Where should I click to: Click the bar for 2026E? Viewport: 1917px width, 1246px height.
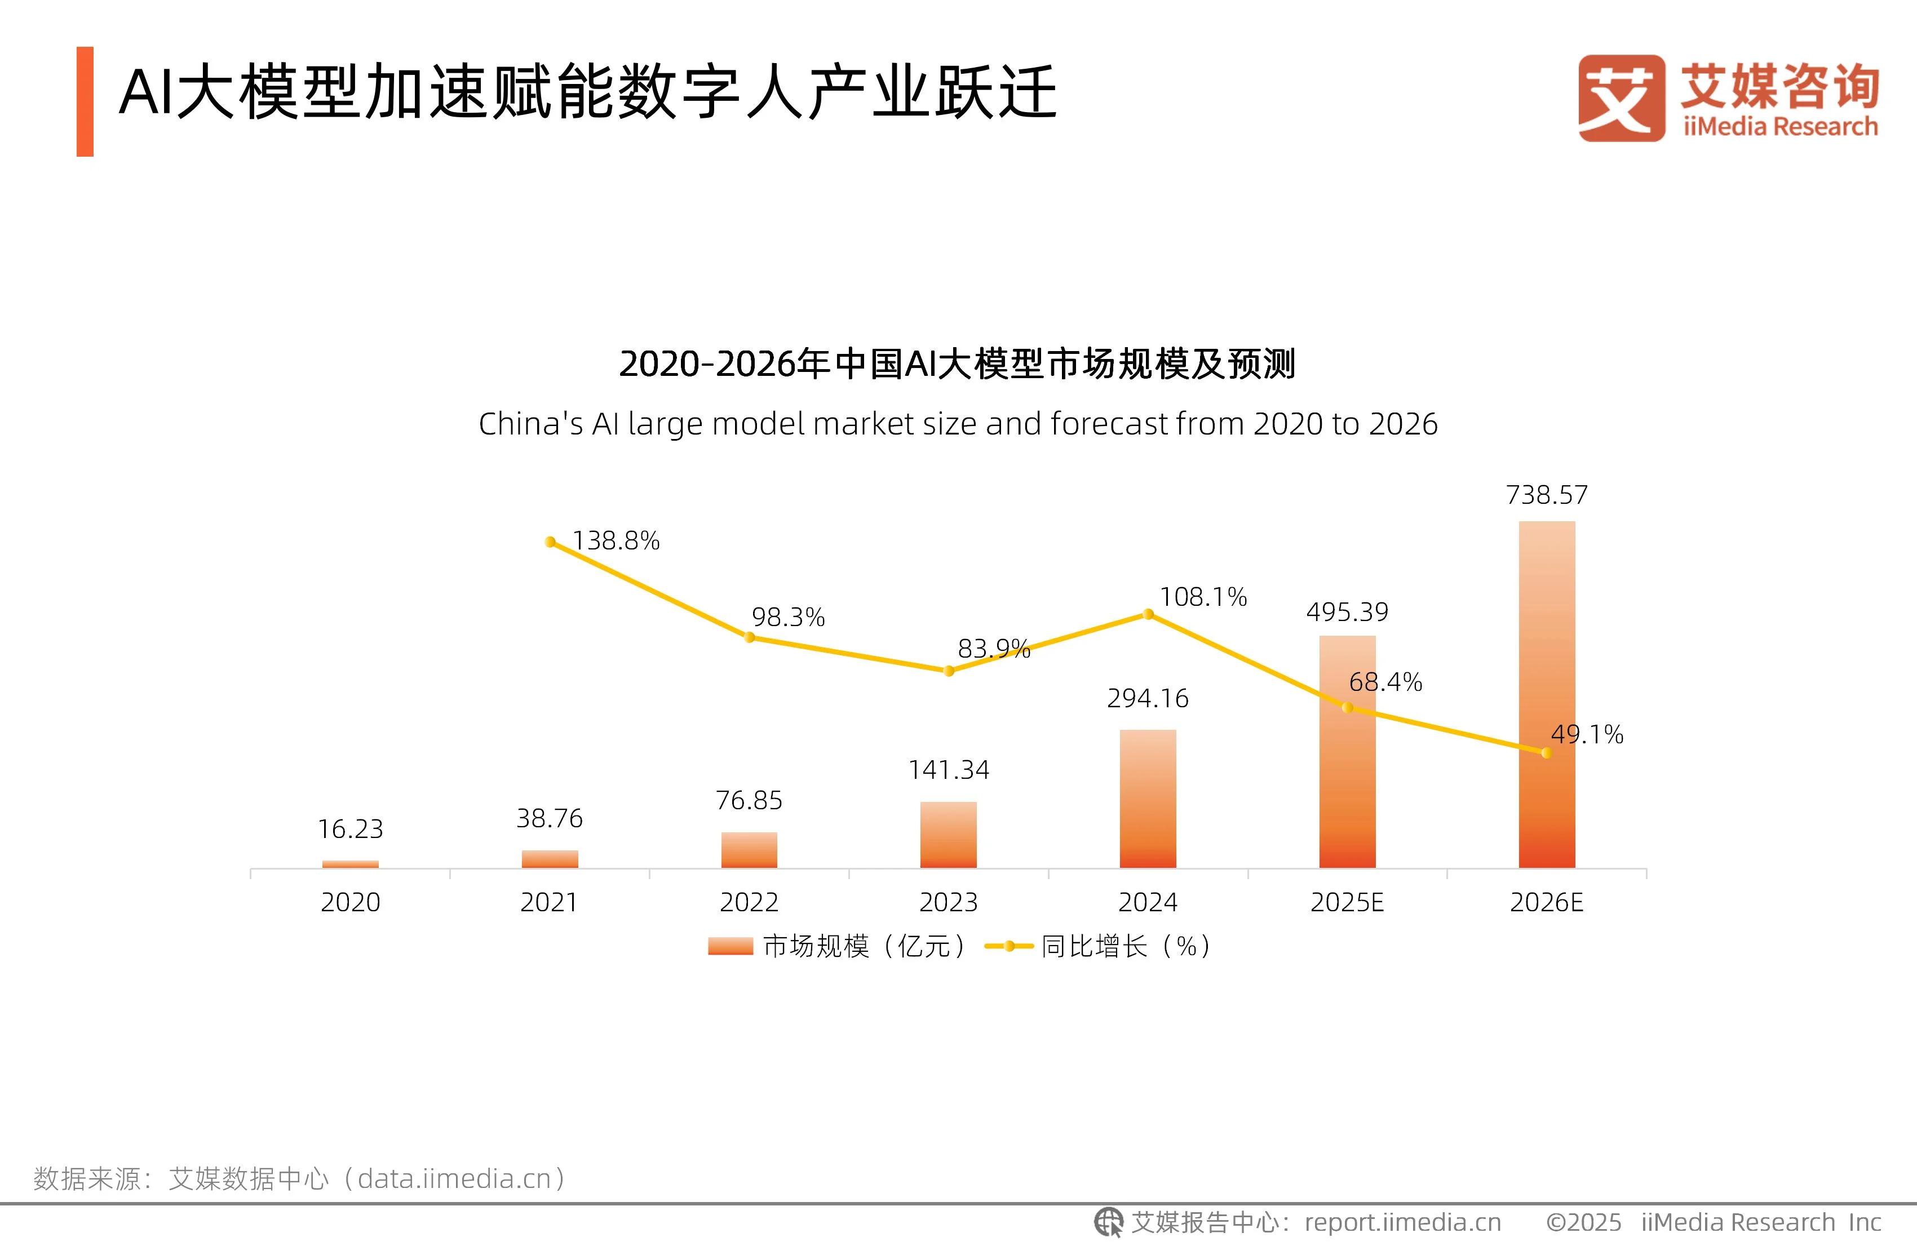1547,694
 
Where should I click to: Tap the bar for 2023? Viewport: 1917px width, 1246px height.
948,835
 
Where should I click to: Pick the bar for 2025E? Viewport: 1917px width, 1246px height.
1347,751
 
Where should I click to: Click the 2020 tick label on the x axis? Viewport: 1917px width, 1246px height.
351,902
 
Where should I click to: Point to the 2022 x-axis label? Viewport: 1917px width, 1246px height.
749,902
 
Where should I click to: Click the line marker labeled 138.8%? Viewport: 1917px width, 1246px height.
550,542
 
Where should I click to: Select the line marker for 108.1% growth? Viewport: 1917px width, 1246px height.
1148,614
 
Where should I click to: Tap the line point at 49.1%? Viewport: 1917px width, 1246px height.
1546,753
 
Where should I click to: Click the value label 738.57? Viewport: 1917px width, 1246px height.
1547,495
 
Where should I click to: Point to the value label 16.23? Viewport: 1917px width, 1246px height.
351,829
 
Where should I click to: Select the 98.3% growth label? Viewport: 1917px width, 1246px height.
788,618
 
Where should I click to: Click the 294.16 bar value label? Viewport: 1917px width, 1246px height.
1148,698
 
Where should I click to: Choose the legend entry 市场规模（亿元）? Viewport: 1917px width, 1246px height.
838,946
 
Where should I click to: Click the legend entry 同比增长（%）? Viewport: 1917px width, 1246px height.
1100,946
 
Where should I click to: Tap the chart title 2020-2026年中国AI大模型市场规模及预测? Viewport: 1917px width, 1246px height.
957,364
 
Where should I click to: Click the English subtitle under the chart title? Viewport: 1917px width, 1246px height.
958,424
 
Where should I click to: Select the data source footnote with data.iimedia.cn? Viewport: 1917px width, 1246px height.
300,1178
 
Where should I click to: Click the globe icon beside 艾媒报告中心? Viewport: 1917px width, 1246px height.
1108,1222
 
